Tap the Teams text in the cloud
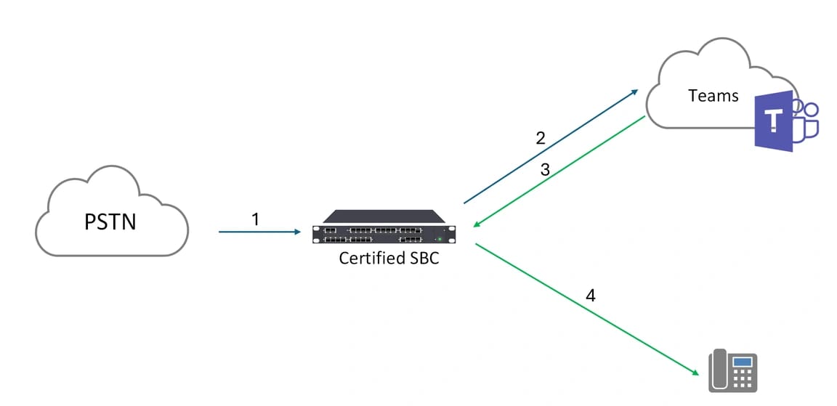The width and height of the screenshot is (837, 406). click(713, 95)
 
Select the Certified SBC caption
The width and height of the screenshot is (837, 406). click(389, 258)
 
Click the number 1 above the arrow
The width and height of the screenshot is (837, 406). click(255, 219)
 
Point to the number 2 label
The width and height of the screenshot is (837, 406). click(540, 138)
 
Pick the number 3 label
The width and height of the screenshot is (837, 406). click(545, 169)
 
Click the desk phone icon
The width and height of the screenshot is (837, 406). click(732, 371)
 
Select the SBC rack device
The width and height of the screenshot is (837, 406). click(384, 227)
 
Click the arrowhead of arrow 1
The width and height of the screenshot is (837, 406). click(297, 232)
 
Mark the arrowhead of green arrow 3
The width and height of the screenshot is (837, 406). click(476, 225)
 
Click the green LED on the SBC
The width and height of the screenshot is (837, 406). click(438, 239)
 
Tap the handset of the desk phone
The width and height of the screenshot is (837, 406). click(717, 370)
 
